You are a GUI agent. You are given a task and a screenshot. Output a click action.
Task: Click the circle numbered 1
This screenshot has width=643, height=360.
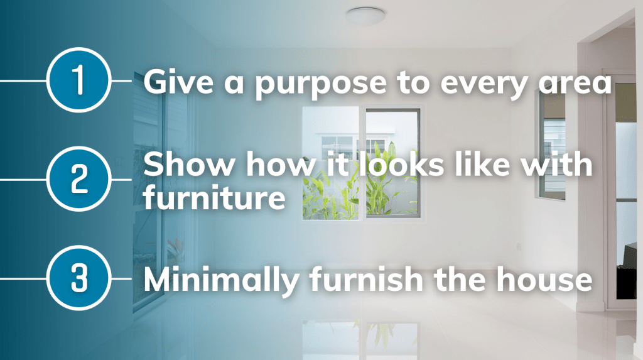(x=78, y=80)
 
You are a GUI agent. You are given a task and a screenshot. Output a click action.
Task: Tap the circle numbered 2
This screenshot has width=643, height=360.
(x=78, y=179)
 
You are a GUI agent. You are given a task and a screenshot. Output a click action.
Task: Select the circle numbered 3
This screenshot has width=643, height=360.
(x=78, y=278)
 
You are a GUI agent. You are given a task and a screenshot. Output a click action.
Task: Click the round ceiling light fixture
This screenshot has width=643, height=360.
(x=365, y=16)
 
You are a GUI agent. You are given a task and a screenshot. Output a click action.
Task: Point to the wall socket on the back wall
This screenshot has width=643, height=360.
(x=519, y=247)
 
